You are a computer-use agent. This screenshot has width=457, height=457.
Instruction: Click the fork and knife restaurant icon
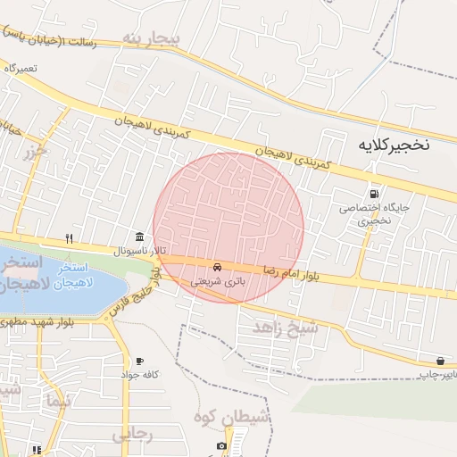coord(69,238)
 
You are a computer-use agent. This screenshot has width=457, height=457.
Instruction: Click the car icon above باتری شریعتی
coord(217,267)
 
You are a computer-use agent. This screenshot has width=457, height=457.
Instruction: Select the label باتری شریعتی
coord(216,280)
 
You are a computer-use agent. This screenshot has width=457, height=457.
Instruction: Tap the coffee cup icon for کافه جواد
coord(139,361)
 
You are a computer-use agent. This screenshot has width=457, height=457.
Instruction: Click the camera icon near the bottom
coord(221,445)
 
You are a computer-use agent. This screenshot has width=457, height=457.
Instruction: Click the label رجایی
coord(133,435)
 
